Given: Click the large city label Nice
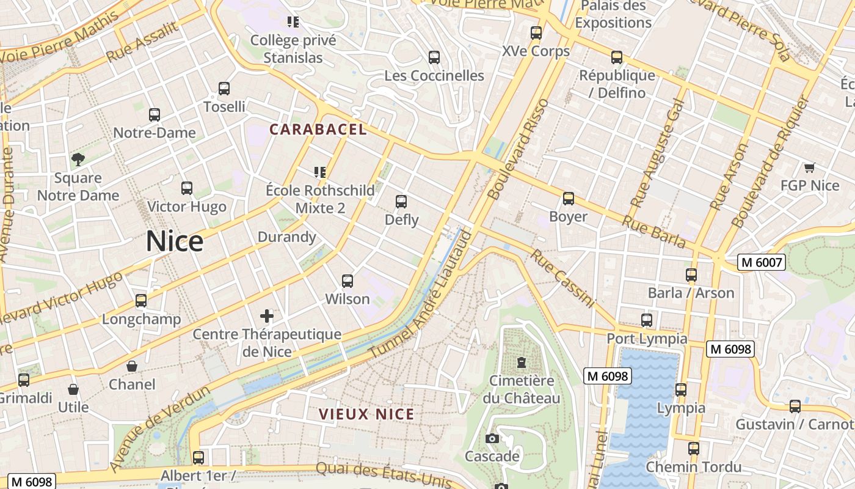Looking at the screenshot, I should pyautogui.click(x=174, y=241).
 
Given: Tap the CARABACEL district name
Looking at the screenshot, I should pyautogui.click(x=318, y=130).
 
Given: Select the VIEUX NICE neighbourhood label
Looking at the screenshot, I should pyautogui.click(x=366, y=414).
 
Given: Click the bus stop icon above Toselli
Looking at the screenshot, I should pyautogui.click(x=224, y=89).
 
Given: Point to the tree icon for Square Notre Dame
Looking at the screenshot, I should pyautogui.click(x=78, y=160).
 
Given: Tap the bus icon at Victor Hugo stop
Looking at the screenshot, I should pyautogui.click(x=187, y=188).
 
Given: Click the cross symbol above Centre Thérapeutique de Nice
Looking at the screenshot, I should pyautogui.click(x=267, y=316).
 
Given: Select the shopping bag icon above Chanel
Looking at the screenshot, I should pyautogui.click(x=132, y=366).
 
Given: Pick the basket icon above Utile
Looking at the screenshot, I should pyautogui.click(x=73, y=389).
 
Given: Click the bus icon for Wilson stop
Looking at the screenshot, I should pyautogui.click(x=347, y=281).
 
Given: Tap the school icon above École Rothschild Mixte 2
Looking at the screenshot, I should pyautogui.click(x=320, y=172).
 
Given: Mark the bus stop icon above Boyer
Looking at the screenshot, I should pyautogui.click(x=569, y=199).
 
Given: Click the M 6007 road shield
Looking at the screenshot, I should pyautogui.click(x=760, y=262).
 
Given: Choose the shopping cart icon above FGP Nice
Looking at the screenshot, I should pyautogui.click(x=810, y=167).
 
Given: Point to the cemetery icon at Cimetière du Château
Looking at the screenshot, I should pyautogui.click(x=522, y=362).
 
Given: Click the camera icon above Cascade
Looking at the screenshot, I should pyautogui.click(x=492, y=438).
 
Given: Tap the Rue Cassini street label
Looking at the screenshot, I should pyautogui.click(x=562, y=278).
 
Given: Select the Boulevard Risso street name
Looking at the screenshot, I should pyautogui.click(x=518, y=150).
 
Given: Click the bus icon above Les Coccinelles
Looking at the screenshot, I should pyautogui.click(x=434, y=57).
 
